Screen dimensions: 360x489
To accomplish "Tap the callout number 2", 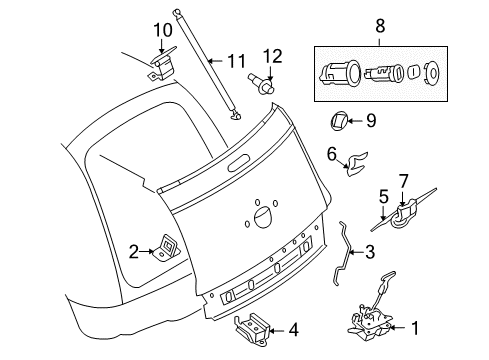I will pos(133,253).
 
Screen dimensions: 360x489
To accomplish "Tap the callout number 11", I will pos(236,62).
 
